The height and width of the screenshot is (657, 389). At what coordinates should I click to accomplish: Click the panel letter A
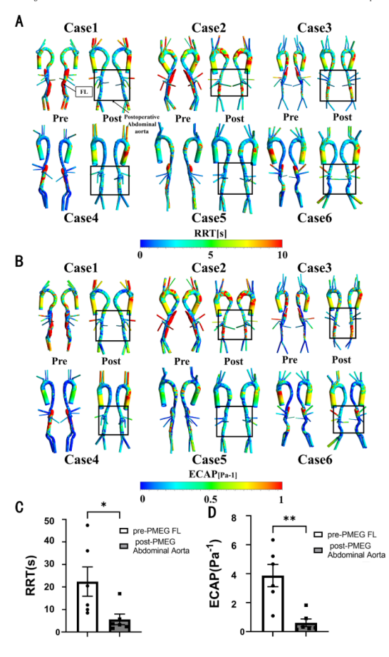pyautogui.click(x=19, y=21)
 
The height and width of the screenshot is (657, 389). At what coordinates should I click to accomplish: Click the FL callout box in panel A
pyautogui.click(x=84, y=92)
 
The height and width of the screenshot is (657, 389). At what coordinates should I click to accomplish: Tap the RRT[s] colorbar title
pyautogui.click(x=211, y=233)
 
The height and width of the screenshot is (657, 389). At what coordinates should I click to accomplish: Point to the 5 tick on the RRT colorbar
pyautogui.click(x=211, y=255)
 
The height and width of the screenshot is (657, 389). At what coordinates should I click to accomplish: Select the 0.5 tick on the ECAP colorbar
pyautogui.click(x=211, y=500)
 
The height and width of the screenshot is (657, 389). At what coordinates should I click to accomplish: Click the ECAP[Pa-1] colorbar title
pyautogui.click(x=211, y=474)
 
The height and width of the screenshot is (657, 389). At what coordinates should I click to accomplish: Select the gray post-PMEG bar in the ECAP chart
pyautogui.click(x=305, y=627)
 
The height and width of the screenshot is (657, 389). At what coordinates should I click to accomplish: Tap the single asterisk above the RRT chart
pyautogui.click(x=104, y=505)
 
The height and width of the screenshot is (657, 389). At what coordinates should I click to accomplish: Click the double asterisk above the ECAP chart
pyautogui.click(x=289, y=519)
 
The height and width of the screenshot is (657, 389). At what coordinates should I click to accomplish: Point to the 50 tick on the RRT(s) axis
pyautogui.click(x=55, y=520)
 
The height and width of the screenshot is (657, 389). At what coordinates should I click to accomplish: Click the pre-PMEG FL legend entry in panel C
pyautogui.click(x=152, y=531)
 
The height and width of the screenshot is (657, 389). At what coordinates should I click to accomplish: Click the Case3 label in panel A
pyautogui.click(x=314, y=28)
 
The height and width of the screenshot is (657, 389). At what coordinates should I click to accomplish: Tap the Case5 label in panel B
pyautogui.click(x=209, y=459)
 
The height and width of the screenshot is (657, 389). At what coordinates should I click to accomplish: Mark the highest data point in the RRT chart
pyautogui.click(x=87, y=524)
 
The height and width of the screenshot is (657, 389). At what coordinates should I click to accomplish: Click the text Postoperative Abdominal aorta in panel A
pyautogui.click(x=142, y=124)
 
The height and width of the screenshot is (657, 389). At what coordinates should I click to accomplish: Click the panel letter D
pyautogui.click(x=213, y=512)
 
